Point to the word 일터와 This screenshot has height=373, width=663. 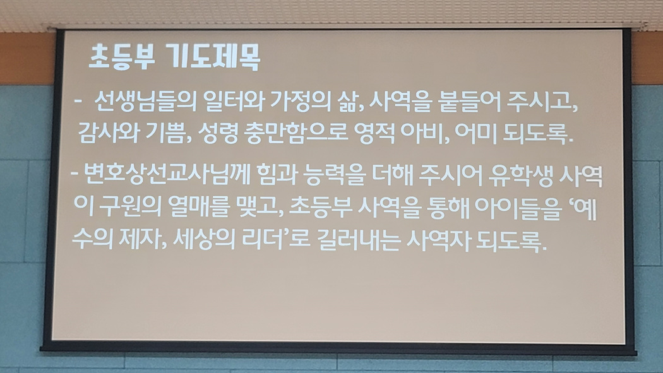234,102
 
